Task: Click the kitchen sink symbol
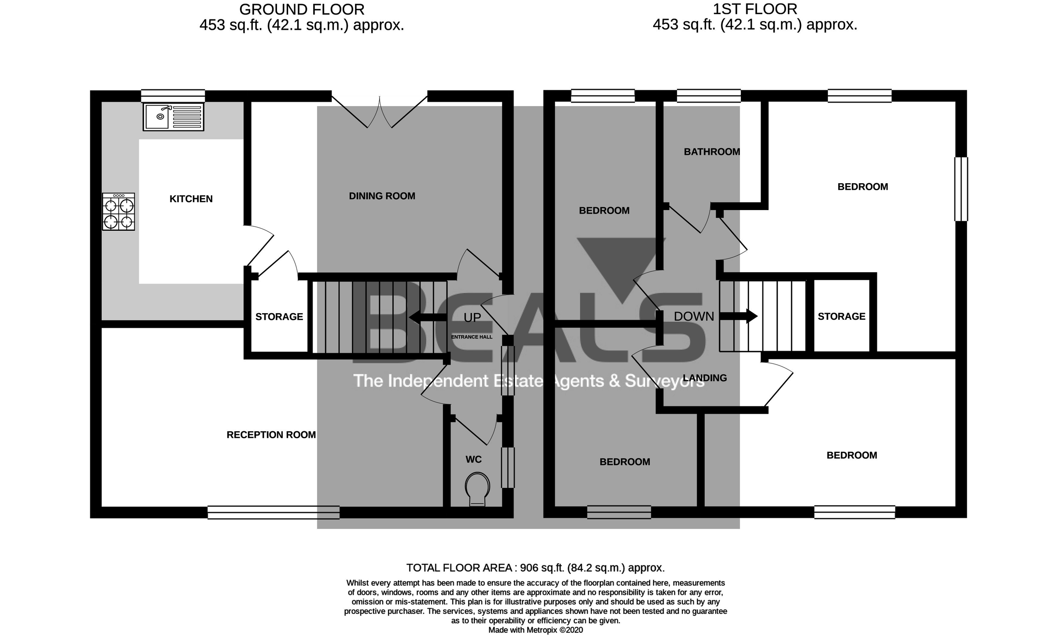173,117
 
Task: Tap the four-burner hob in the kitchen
118,212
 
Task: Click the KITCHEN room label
191,199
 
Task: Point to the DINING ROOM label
382,196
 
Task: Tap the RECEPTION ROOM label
271,435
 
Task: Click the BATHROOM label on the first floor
711,152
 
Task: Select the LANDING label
704,378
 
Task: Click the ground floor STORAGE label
279,317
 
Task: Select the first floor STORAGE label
841,316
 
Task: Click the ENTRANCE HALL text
471,337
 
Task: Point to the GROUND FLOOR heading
301,9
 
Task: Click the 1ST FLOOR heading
754,9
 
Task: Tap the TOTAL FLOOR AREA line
535,568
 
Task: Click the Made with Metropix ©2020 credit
535,630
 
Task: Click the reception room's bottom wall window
273,512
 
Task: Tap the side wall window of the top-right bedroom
961,189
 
